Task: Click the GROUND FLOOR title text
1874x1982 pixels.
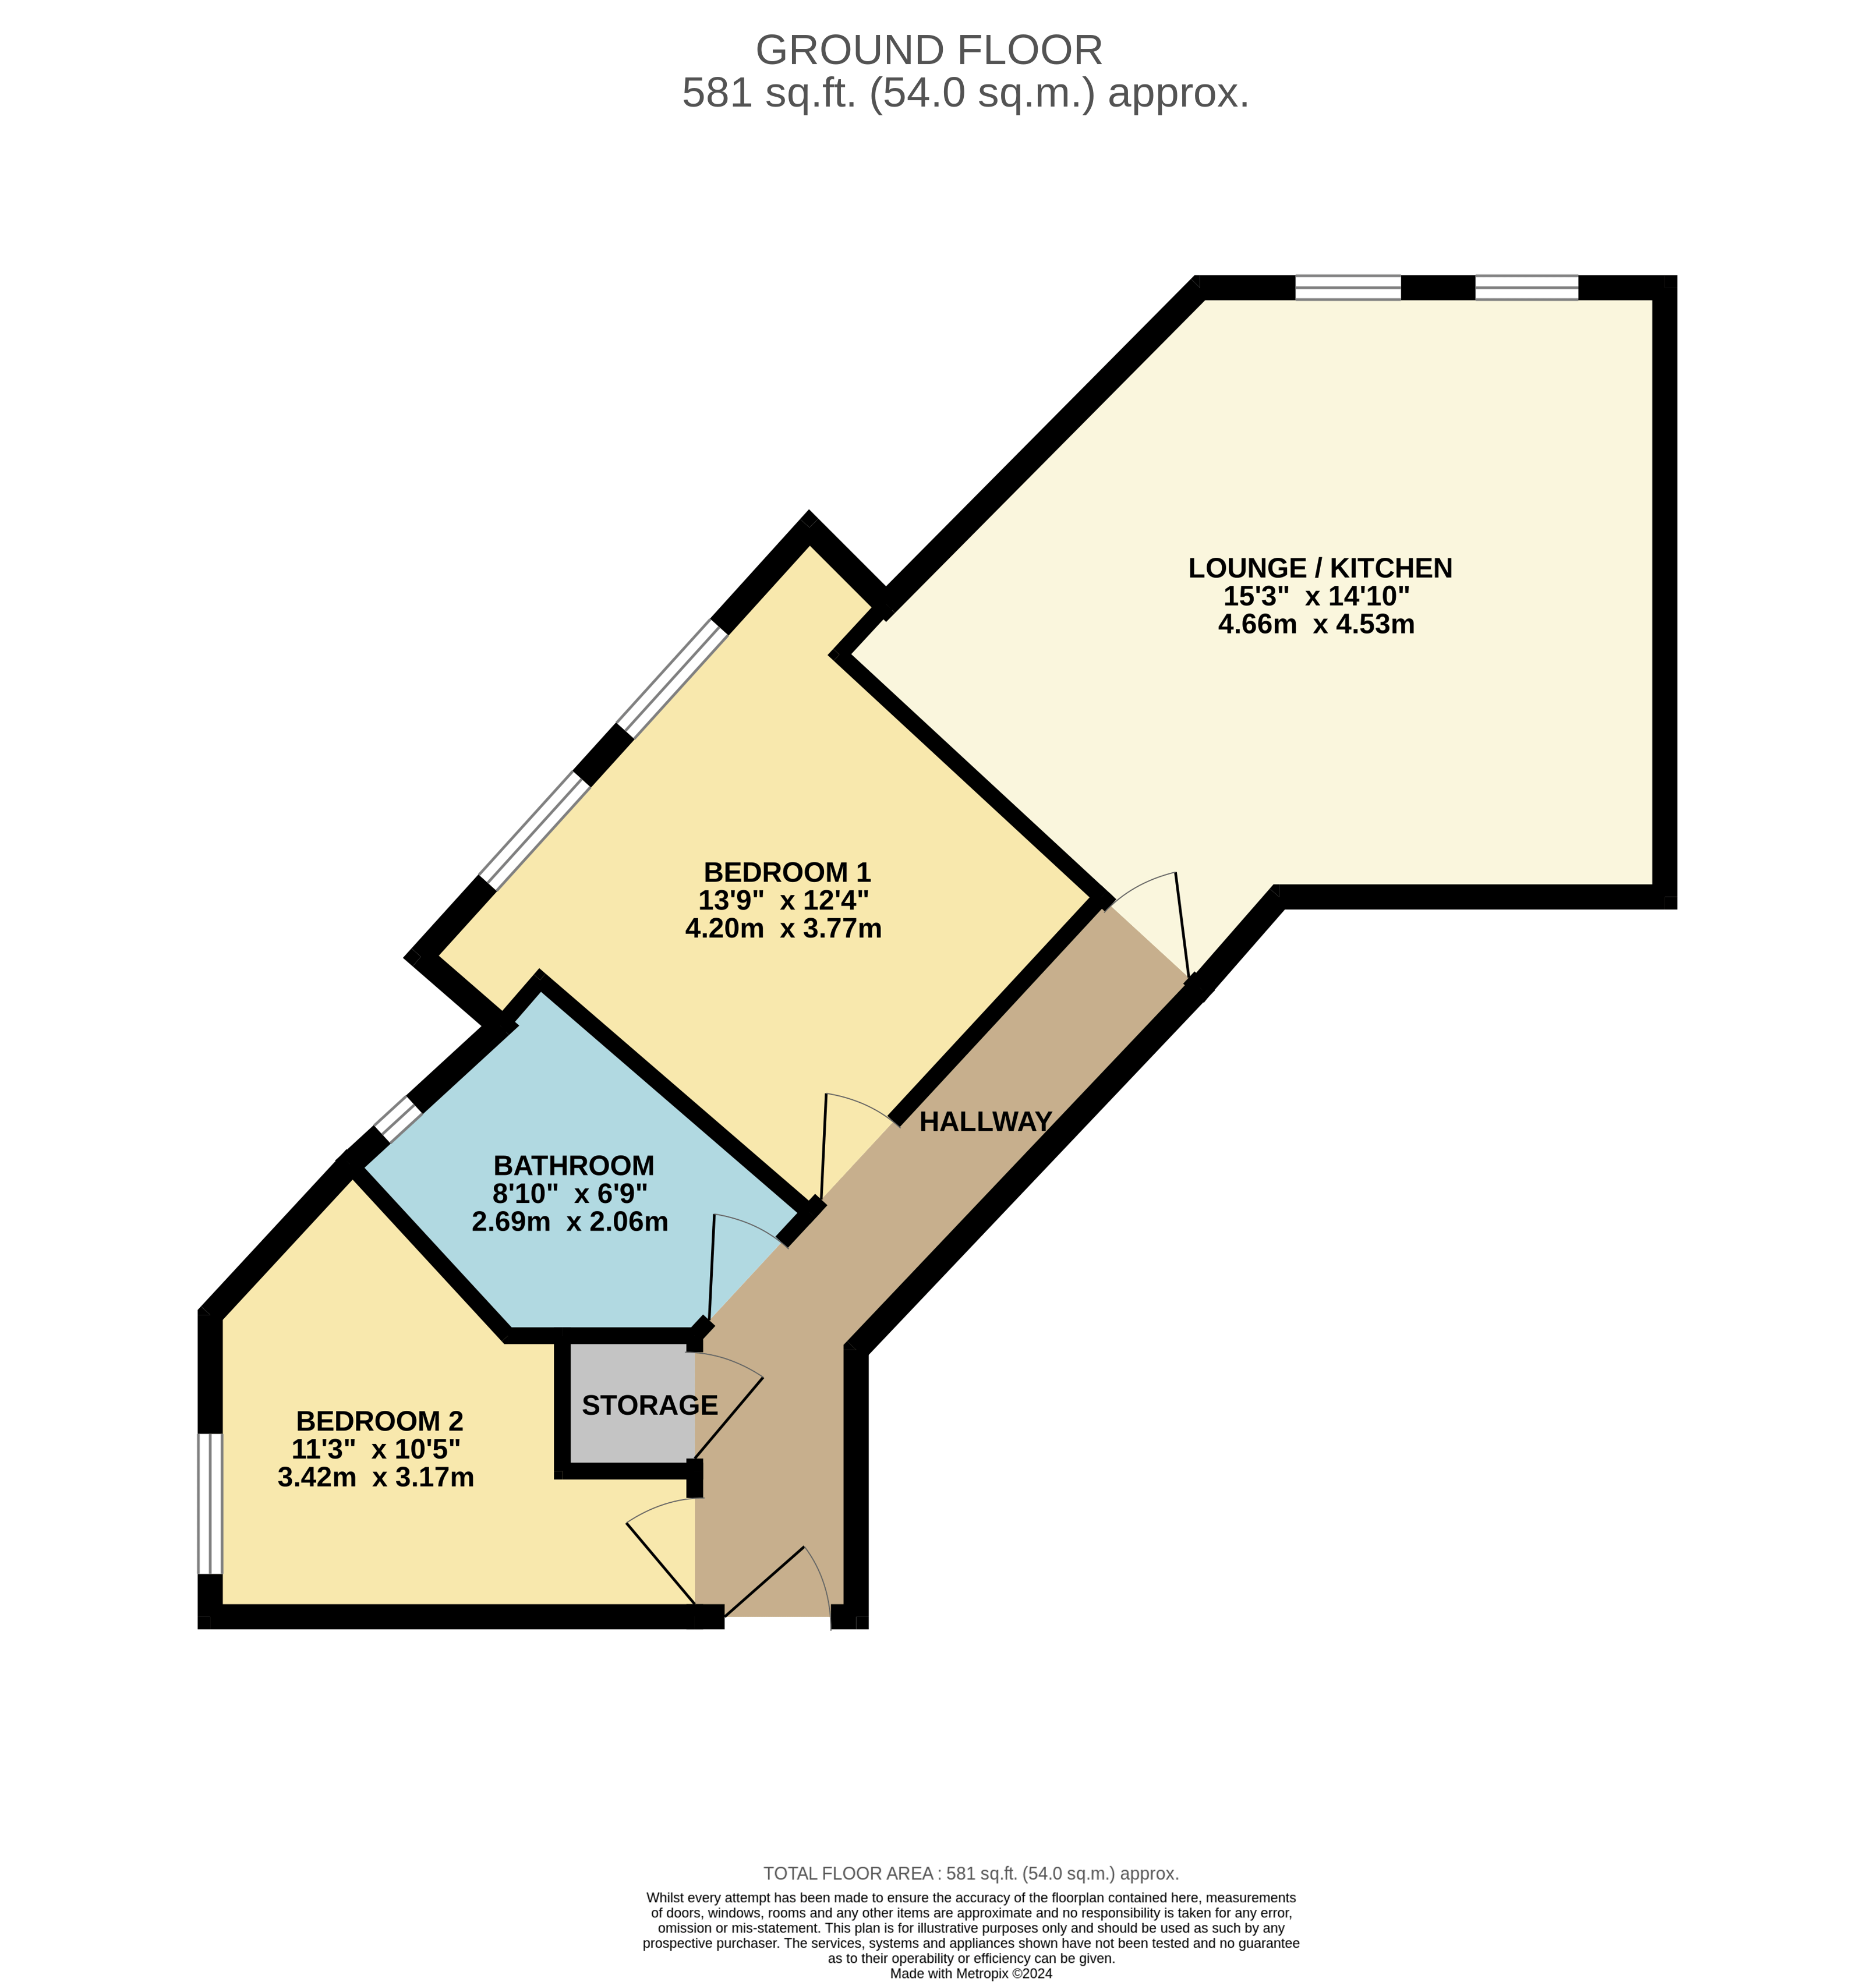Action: (x=928, y=50)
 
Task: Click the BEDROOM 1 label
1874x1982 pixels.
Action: (x=787, y=872)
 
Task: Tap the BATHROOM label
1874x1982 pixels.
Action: (x=574, y=1166)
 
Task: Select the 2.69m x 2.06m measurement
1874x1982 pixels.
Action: (x=570, y=1222)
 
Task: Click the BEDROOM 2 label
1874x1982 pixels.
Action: (x=380, y=1421)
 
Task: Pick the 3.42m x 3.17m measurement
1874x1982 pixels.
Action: (x=376, y=1478)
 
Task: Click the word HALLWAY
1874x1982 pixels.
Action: (x=985, y=1123)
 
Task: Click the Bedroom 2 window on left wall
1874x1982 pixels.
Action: (x=209, y=1503)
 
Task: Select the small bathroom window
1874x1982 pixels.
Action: (x=398, y=1119)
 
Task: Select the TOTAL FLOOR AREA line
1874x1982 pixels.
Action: (x=970, y=1874)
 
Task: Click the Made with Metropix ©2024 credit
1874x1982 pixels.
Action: (x=970, y=1974)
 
